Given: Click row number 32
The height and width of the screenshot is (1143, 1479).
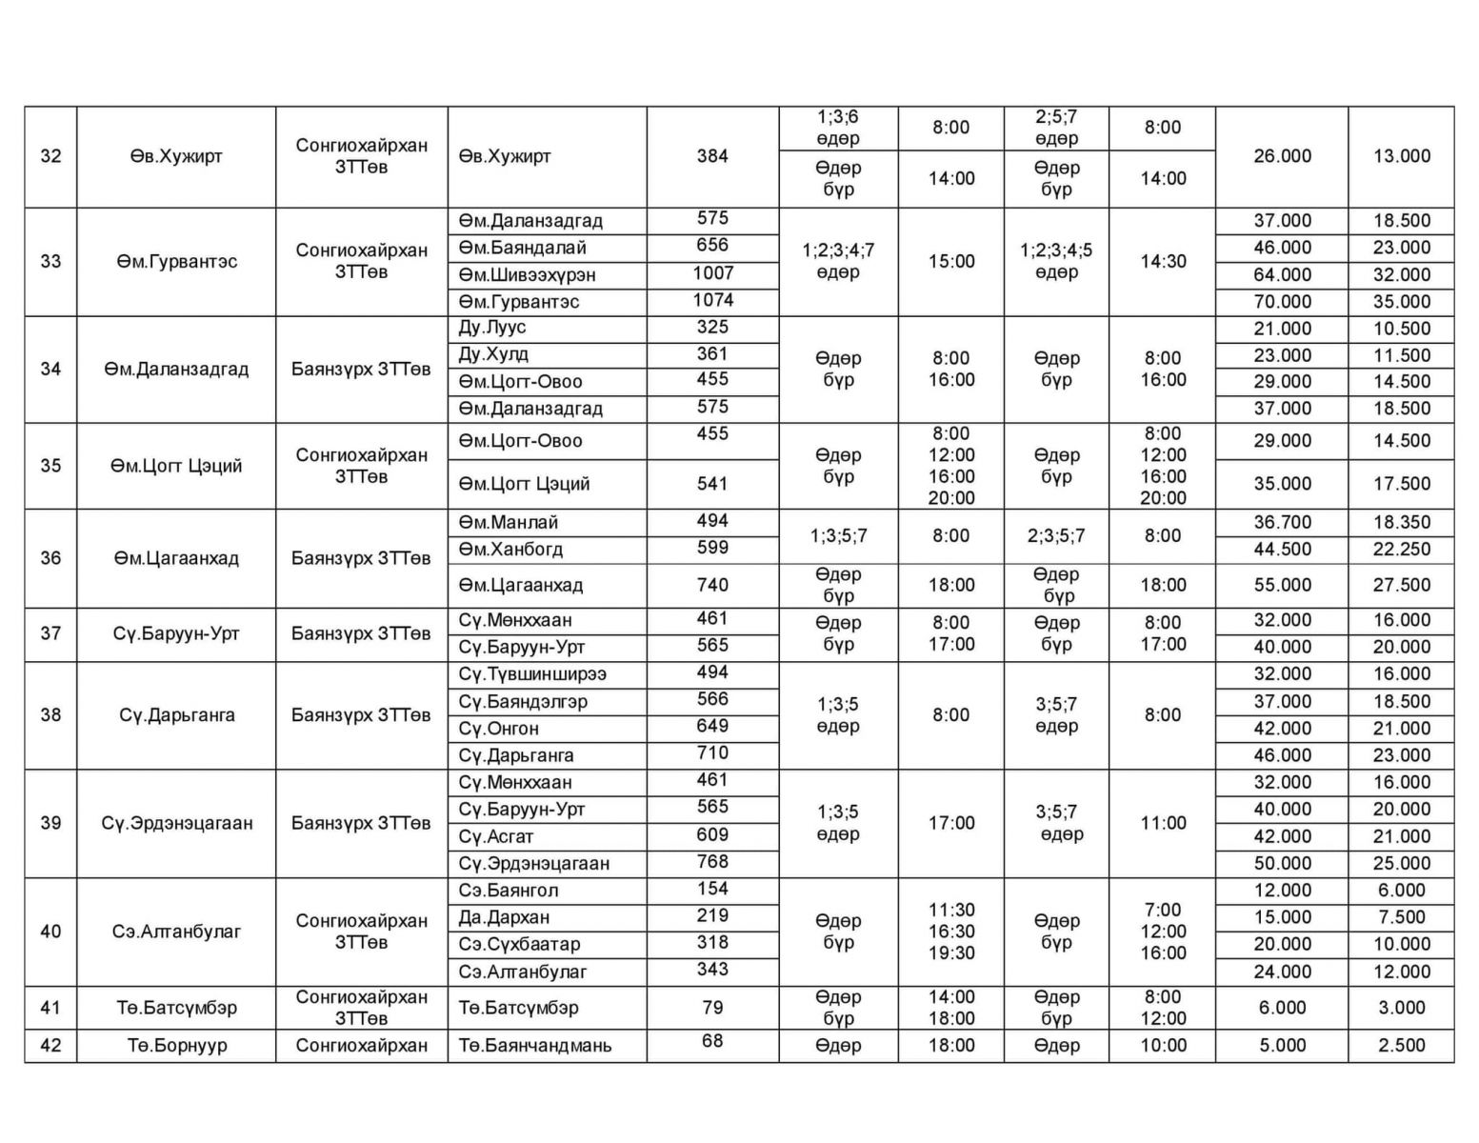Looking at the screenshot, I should pyautogui.click(x=50, y=156).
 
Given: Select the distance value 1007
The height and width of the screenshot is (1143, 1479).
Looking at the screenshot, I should pyautogui.click(x=712, y=274).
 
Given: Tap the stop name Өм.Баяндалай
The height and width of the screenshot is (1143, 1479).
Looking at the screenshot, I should pyautogui.click(x=523, y=248).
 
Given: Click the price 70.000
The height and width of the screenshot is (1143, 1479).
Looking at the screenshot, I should pyautogui.click(x=1282, y=302).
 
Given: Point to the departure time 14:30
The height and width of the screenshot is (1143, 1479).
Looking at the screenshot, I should pyautogui.click(x=1163, y=261).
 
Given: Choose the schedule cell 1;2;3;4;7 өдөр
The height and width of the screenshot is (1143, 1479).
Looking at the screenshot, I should pyautogui.click(x=838, y=261).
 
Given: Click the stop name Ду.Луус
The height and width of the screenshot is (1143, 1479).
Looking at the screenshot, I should pyautogui.click(x=492, y=328).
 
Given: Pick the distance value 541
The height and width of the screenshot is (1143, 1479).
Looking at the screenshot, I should pyautogui.click(x=712, y=484).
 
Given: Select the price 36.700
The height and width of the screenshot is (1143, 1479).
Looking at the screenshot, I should pyautogui.click(x=1282, y=523).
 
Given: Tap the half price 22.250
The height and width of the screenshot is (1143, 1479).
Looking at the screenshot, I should pyautogui.click(x=1401, y=550).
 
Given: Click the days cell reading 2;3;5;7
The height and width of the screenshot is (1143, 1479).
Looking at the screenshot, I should pyautogui.click(x=1056, y=536).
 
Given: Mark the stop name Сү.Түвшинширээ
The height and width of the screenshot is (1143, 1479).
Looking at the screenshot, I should pyautogui.click(x=532, y=674).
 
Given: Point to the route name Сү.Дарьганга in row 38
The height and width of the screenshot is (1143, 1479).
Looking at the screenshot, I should pyautogui.click(x=177, y=715).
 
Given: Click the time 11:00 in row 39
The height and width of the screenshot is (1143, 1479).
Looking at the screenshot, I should pyautogui.click(x=1163, y=823).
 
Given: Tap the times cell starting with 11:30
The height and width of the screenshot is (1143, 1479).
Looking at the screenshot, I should pyautogui.click(x=950, y=932).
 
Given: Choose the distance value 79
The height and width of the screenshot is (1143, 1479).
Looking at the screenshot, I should pyautogui.click(x=712, y=1008).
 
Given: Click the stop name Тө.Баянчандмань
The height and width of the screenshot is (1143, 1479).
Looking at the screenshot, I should pyautogui.click(x=535, y=1046).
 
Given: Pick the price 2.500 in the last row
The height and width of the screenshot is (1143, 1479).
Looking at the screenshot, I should pyautogui.click(x=1401, y=1046).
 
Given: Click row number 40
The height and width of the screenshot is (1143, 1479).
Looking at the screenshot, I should pyautogui.click(x=50, y=932).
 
